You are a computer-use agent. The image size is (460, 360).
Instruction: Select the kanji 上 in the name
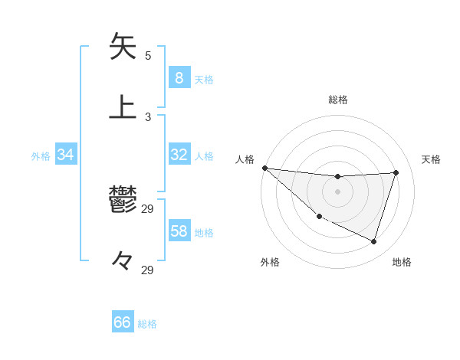[x=123, y=106]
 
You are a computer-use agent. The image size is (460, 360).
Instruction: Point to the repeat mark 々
[x=123, y=260]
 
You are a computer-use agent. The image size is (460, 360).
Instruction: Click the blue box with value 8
[x=179, y=77]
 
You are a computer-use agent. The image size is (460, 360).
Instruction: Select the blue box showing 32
[x=179, y=155]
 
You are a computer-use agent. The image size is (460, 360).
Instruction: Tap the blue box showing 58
[x=179, y=231]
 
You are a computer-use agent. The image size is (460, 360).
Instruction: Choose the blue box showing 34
[x=66, y=155]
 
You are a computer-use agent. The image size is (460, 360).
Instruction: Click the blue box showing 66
[x=123, y=322]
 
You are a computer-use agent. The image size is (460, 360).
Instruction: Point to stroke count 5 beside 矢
[x=148, y=56]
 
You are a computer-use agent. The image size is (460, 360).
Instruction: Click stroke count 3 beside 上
[x=148, y=117]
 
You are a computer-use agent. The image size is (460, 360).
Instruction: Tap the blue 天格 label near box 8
[x=204, y=79]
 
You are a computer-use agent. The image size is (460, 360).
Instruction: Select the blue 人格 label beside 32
[x=204, y=156]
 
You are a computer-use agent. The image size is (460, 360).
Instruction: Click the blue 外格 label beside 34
[x=41, y=156]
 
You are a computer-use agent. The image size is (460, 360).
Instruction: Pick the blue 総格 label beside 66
[x=148, y=324]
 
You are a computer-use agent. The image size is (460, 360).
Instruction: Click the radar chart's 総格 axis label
[x=337, y=100]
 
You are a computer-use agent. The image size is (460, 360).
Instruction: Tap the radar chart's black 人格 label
[x=245, y=159]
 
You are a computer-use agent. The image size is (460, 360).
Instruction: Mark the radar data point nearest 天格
[x=396, y=172]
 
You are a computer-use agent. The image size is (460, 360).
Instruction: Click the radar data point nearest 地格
[x=373, y=242]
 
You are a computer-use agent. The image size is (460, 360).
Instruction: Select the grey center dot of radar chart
[x=337, y=191]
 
